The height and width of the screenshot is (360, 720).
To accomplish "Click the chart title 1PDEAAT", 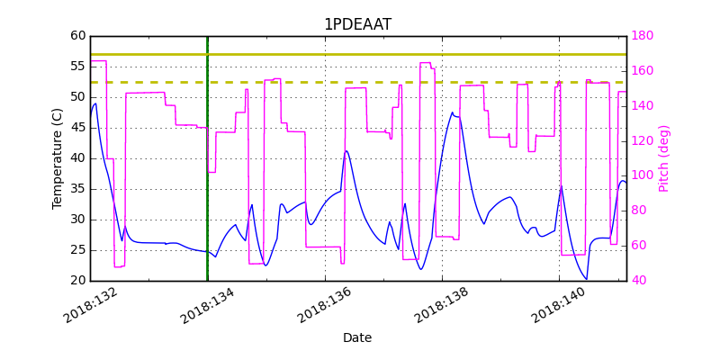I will pos(357,24).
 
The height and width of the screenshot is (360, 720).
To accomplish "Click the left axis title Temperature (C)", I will pos(58,158).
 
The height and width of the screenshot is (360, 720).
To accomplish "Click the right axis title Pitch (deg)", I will pos(664,158).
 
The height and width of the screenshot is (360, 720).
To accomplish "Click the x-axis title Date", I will pos(357,337).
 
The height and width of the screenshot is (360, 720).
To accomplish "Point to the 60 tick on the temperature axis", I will pos(77,36).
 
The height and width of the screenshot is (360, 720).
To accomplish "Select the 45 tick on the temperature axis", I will pos(77,128).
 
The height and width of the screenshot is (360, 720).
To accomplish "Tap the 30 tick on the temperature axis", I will pos(77,220).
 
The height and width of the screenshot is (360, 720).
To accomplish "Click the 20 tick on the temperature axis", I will pos(77,281).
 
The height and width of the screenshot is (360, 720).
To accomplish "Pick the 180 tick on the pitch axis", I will pos(643,36).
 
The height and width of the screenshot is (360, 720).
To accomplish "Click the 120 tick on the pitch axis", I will pos(643,141).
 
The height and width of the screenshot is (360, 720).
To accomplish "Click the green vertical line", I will pos(207,180).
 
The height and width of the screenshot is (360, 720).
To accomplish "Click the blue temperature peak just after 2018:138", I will pos(453,112).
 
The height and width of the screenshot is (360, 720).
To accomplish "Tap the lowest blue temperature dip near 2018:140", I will pos(587,279).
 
